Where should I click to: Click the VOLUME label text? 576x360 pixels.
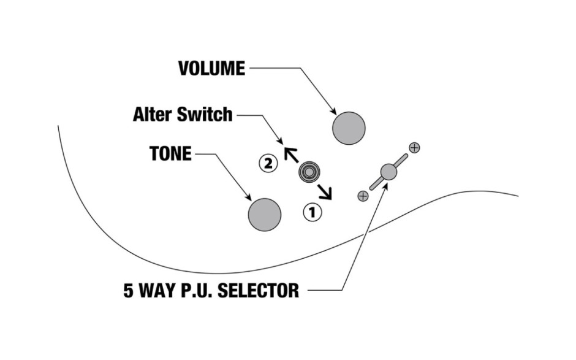[211, 68]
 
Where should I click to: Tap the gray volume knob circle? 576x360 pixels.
[349, 128]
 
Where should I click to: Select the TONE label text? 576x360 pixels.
[170, 153]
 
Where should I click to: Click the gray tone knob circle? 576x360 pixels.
[265, 215]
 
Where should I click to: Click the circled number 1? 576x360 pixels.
[312, 212]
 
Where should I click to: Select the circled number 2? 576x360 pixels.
[268, 163]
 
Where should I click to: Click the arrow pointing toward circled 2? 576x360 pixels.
[290, 153]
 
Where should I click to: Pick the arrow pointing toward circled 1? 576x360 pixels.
[325, 193]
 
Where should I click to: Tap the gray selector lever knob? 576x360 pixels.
[388, 172]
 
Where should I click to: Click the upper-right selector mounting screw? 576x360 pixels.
[415, 147]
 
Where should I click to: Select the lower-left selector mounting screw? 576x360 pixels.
[363, 196]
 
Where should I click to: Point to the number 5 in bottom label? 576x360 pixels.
[129, 289]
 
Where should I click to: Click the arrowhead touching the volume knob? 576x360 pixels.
[334, 112]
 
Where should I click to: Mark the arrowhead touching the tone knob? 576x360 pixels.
[250, 197]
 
